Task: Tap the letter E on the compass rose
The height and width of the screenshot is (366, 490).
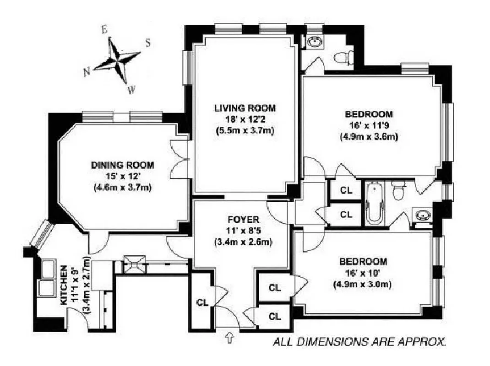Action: pyautogui.click(x=104, y=30)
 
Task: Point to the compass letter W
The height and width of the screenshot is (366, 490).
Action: pyautogui.click(x=131, y=90)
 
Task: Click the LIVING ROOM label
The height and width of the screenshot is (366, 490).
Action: pyautogui.click(x=245, y=108)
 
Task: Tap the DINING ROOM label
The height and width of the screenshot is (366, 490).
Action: pyautogui.click(x=122, y=165)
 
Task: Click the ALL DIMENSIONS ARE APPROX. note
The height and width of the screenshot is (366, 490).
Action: pyautogui.click(x=359, y=341)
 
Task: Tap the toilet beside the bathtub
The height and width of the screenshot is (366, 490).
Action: pyautogui.click(x=399, y=190)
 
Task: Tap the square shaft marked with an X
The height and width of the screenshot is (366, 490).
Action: pyautogui.click(x=134, y=264)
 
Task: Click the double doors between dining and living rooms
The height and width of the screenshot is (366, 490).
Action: pyautogui.click(x=183, y=158)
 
